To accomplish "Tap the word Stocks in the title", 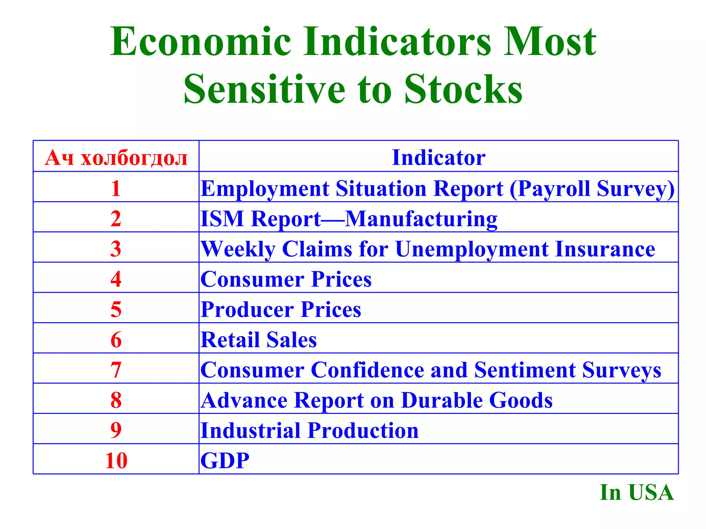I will point(463,90).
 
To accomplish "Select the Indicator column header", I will point(438,158).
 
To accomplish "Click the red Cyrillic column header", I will point(116,158).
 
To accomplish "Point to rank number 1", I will point(116,189).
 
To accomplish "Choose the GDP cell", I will point(225,460).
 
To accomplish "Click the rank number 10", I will point(116,460).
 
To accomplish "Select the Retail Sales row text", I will point(259,340).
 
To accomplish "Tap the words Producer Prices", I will point(281,310).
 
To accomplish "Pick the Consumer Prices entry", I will point(286,279).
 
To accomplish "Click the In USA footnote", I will point(636,492).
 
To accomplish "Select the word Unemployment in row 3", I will point(472,249).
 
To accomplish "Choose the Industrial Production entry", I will point(310,431).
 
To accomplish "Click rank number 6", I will point(116,340).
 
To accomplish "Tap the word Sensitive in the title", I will point(264,90).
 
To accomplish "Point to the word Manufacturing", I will point(421,219).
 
